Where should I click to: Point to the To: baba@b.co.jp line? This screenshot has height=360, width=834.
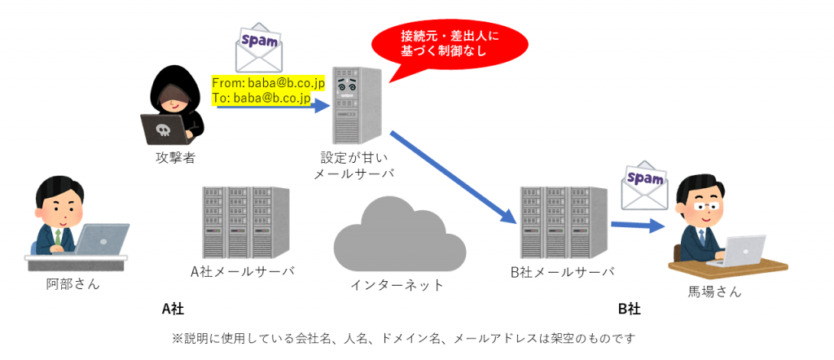coord(261,99)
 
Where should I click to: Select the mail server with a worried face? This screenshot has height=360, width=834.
coord(355,105)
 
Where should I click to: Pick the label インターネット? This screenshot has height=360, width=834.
coord(397,285)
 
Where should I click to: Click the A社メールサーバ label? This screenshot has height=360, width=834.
coord(243,271)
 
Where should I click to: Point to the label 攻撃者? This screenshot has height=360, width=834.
coord(175,157)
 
